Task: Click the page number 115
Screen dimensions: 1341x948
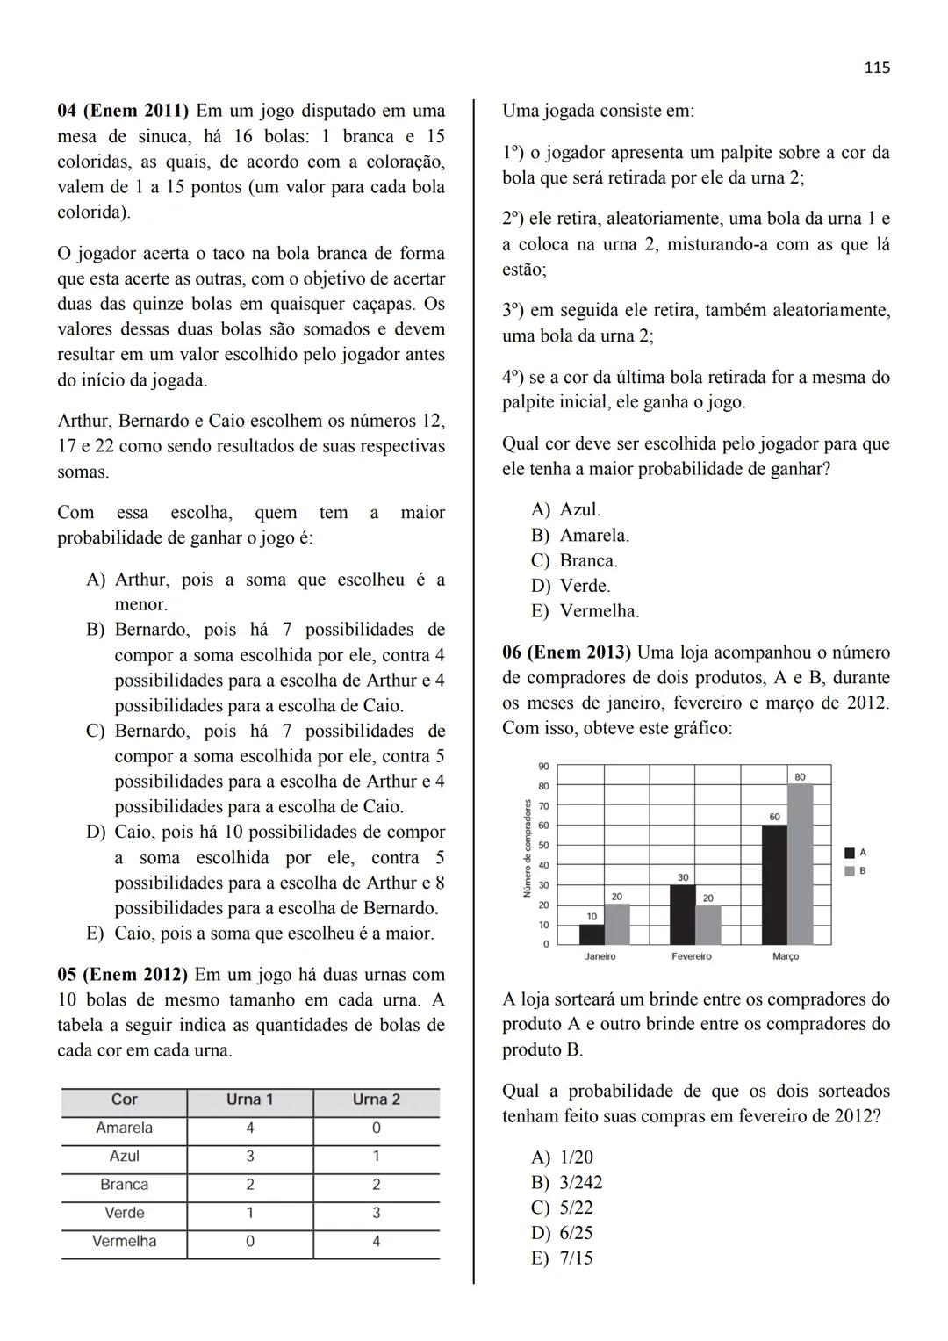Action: click(876, 68)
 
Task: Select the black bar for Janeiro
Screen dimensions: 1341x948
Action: click(592, 934)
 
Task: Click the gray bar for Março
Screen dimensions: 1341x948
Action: click(800, 864)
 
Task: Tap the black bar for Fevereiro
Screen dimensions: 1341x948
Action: click(682, 914)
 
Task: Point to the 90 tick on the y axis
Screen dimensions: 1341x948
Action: click(544, 766)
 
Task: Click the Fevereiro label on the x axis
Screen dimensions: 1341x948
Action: click(692, 956)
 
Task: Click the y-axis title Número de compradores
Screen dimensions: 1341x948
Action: click(528, 847)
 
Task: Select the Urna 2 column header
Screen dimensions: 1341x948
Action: click(376, 1099)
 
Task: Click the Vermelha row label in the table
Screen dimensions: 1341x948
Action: click(124, 1241)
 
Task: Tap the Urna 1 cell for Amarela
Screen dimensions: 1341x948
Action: click(250, 1128)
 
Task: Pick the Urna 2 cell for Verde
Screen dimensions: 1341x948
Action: click(376, 1213)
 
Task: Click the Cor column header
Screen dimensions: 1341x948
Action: click(124, 1099)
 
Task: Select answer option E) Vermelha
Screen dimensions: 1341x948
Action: click(585, 611)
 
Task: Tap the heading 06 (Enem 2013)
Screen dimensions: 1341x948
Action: click(566, 652)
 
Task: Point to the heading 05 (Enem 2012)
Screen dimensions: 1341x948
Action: click(122, 975)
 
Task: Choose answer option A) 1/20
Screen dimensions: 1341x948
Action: click(562, 1157)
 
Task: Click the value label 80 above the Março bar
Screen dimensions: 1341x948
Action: click(800, 777)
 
